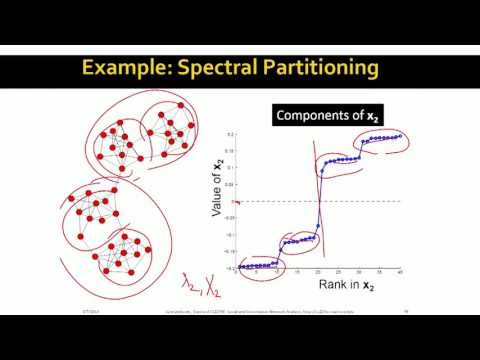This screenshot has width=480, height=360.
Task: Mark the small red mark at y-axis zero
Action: [238, 203]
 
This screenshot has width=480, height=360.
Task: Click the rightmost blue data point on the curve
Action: [399, 135]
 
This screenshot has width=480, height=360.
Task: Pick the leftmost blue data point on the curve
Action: [241, 267]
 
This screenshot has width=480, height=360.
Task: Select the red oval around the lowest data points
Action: [258, 266]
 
